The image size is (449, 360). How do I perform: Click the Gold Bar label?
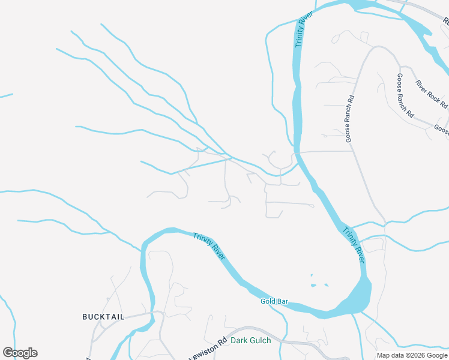275,301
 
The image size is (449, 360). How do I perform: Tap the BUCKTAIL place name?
103,316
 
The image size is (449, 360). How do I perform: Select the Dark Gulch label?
251,341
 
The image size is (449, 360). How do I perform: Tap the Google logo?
20,353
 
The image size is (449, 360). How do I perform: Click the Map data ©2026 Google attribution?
412,355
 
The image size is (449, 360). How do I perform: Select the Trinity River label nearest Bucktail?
209,246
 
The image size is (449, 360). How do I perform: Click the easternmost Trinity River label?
354,245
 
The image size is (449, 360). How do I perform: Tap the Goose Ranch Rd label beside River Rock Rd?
405,95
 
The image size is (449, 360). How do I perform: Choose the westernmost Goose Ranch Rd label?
350,118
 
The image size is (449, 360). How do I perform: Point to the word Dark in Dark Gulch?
239,341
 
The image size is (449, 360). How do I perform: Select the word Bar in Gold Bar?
283,301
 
